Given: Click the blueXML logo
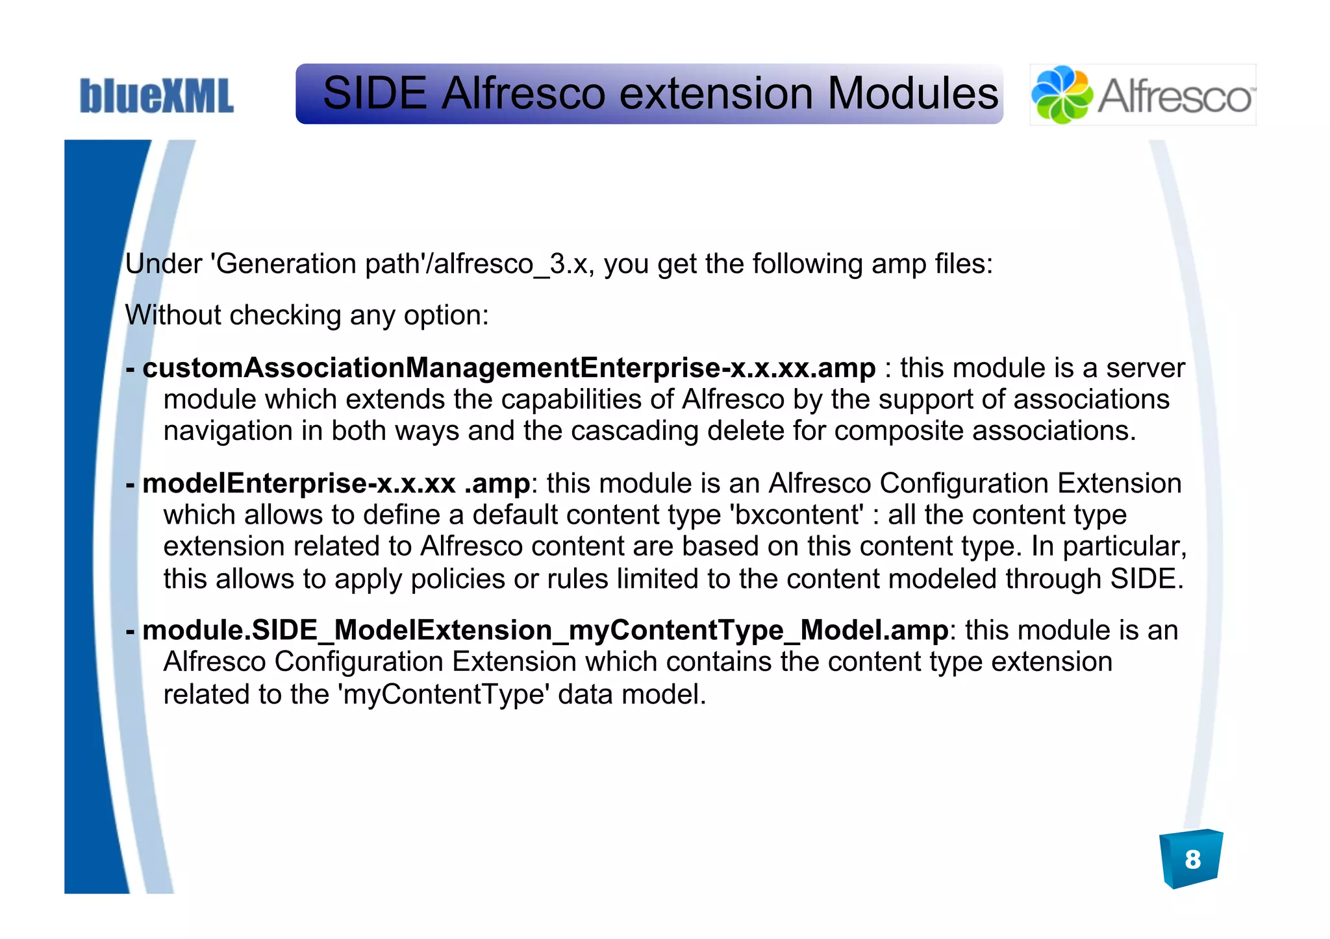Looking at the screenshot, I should (157, 96).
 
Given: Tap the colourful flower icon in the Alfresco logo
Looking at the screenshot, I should (1062, 95).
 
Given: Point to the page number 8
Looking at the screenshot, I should (1192, 859).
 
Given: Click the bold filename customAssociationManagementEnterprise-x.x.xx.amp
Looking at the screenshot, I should (508, 368).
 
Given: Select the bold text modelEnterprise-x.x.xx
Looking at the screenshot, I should (299, 483).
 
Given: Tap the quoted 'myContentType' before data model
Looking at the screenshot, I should (444, 694).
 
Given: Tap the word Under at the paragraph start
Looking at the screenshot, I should (164, 264).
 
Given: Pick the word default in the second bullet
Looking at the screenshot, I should (513, 515).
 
